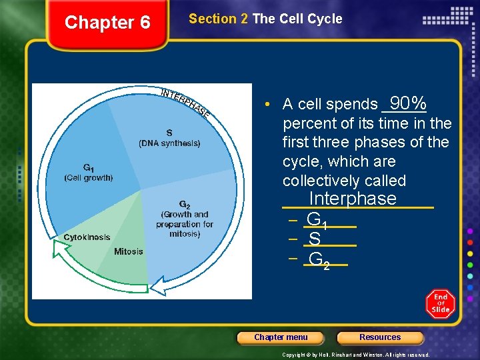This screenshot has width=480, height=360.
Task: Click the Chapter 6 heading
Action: point(107,23)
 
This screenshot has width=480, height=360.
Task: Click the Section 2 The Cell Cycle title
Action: point(265,19)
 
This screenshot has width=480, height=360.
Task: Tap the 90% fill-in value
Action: point(408,103)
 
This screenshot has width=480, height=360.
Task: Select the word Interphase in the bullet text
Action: point(353,199)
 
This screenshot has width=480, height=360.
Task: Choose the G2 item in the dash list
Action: point(319,259)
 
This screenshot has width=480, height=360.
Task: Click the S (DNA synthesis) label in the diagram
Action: point(169,138)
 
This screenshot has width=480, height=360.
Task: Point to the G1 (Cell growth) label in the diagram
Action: point(89,173)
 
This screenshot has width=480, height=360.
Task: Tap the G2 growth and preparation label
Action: point(185,219)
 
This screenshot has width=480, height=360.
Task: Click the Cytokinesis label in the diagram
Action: point(87,237)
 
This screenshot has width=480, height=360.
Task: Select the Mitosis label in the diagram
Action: point(128,251)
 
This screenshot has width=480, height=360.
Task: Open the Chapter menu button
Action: point(281,337)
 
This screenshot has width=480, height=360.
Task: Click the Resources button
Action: point(380,337)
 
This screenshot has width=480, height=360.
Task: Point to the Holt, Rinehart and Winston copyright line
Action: point(355,355)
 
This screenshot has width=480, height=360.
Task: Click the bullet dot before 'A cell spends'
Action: point(266,105)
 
